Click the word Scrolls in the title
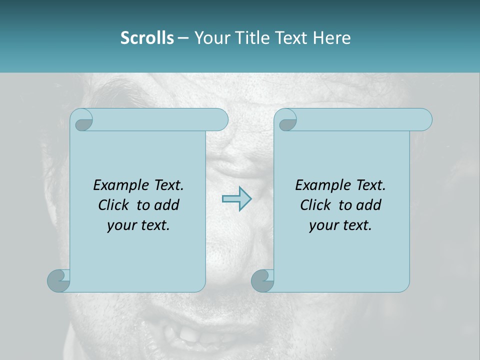point(147,38)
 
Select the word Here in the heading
point(331,38)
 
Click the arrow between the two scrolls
point(236,198)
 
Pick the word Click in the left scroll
point(114,205)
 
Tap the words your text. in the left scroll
point(138,225)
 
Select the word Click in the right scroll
point(316,205)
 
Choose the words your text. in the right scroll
point(340,225)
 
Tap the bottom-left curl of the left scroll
point(58,280)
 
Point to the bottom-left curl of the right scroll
point(262,280)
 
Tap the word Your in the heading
point(211,38)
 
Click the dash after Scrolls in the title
point(183,38)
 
